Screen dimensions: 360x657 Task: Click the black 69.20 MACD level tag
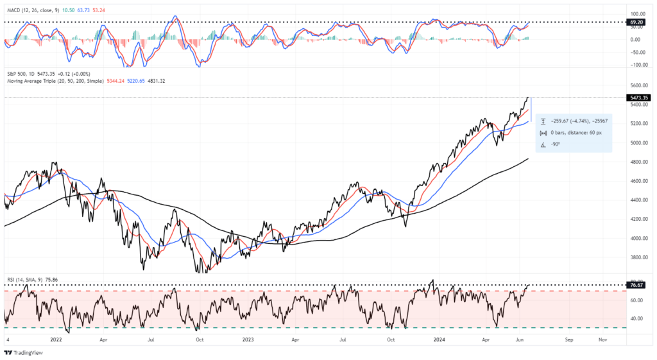point(636,22)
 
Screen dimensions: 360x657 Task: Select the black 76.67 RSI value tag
point(636,285)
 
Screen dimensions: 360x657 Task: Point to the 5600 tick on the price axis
point(637,85)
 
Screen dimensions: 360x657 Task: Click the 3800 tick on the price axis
point(637,257)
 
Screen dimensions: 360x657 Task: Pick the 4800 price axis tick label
point(637,162)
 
